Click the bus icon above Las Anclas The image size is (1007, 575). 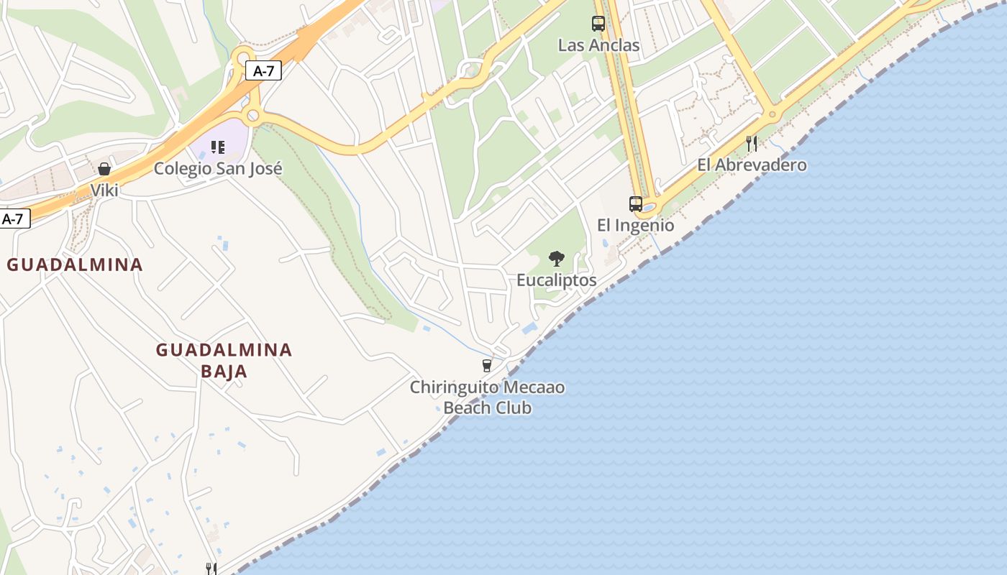click(598, 24)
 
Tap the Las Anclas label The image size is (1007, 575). click(598, 45)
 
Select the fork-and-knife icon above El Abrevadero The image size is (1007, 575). click(752, 143)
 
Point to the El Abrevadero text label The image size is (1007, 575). click(752, 165)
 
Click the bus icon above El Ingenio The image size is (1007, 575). click(636, 203)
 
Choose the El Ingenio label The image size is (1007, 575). click(636, 226)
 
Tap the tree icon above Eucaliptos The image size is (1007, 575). click(556, 259)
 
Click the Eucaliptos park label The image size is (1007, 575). click(556, 280)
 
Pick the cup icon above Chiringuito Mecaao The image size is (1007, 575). click(487, 366)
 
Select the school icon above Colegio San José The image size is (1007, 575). click(218, 147)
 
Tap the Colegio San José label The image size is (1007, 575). click(218, 169)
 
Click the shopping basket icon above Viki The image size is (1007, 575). click(104, 169)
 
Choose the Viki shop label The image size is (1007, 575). click(104, 190)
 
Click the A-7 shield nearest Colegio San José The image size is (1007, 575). click(263, 70)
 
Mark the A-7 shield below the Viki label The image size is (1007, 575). click(14, 219)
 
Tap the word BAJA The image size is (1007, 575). click(224, 372)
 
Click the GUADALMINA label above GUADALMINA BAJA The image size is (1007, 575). click(75, 264)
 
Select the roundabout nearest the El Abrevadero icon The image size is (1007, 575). click(773, 114)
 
